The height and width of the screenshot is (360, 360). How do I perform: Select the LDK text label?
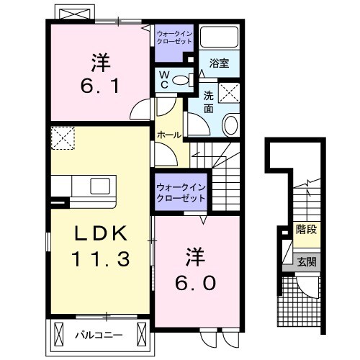coord(100,234)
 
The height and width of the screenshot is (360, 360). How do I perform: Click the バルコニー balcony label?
coord(99,335)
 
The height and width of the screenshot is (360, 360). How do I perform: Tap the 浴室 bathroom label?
coord(220,63)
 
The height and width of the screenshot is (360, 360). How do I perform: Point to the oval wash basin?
coord(230,125)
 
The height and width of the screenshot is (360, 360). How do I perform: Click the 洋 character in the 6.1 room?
coord(101,63)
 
